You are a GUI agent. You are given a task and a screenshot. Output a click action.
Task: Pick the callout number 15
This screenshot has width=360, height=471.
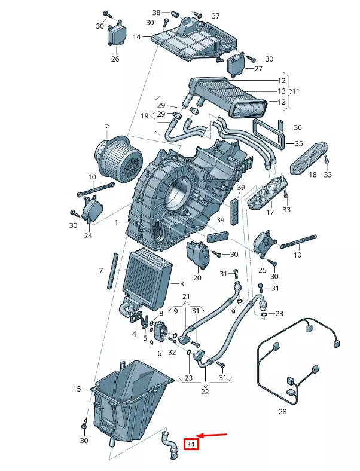77,389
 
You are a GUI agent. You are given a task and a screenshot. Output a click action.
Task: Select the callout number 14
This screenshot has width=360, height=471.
137,37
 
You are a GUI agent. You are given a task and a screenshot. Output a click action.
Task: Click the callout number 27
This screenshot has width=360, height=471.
258,69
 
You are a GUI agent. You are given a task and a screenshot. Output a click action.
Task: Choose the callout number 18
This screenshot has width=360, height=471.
313,175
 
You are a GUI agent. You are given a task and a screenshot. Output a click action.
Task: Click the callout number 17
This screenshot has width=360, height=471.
270,212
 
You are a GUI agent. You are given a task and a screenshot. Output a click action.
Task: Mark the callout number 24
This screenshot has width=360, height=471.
88,236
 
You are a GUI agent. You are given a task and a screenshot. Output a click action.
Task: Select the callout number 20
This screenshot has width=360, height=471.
197,278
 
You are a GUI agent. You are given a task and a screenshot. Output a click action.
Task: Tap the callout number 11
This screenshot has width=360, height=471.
295,91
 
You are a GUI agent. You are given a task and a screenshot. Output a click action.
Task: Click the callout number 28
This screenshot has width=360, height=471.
283,412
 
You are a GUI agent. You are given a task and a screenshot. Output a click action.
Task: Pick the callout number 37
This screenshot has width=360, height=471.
215,16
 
